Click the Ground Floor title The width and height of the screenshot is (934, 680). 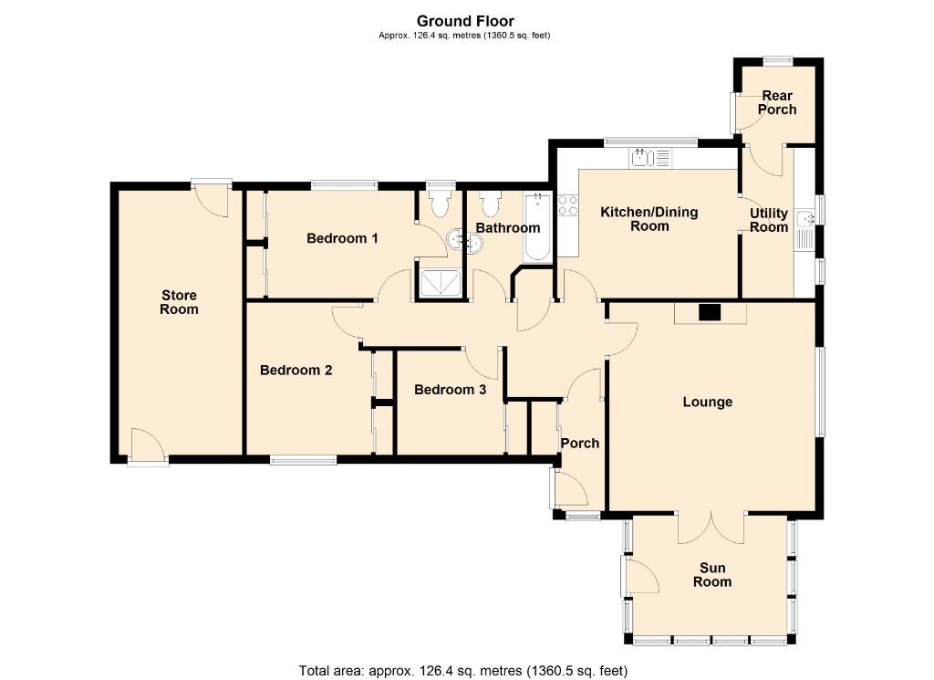(465, 21)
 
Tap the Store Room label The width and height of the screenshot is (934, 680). (179, 302)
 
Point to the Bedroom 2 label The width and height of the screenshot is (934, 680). (296, 371)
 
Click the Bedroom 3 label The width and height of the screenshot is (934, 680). (450, 390)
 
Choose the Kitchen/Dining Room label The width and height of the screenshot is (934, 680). (649, 219)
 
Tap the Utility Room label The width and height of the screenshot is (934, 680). (768, 220)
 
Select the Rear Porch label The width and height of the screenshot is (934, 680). (777, 102)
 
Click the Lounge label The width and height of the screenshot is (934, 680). (707, 402)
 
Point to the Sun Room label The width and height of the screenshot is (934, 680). (711, 575)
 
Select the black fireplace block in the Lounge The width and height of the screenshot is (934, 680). (709, 312)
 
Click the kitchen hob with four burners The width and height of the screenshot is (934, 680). (567, 206)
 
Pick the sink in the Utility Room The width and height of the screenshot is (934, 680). (804, 222)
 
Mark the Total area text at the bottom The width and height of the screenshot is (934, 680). (463, 671)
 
